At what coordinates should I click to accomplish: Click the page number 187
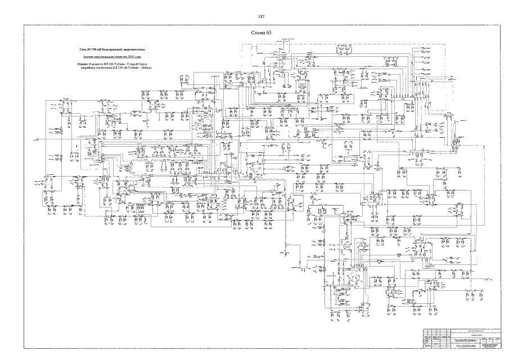(x=261, y=16)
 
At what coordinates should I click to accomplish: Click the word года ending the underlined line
(x=138, y=57)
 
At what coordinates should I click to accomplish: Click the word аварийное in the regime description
(x=89, y=68)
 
